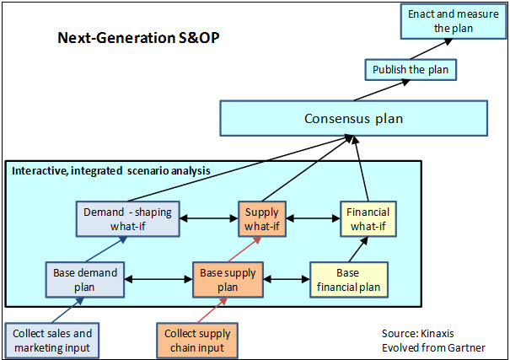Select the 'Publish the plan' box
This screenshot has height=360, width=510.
(411, 68)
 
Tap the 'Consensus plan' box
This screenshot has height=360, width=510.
(352, 118)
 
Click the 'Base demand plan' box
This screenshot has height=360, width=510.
(85, 279)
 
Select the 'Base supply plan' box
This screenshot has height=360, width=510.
(229, 279)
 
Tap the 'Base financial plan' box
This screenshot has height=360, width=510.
(347, 279)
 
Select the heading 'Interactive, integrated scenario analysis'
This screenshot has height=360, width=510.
(110, 171)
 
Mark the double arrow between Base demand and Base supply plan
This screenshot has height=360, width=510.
(159, 277)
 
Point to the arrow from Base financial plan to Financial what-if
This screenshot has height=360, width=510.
(358, 249)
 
